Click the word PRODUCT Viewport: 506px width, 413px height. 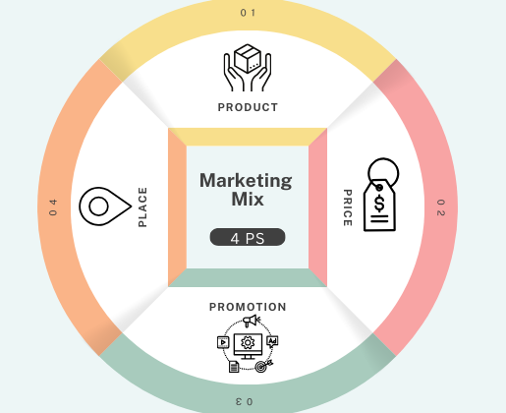click(x=248, y=107)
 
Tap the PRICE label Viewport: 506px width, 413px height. click(x=348, y=207)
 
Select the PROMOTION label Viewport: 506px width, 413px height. click(x=248, y=307)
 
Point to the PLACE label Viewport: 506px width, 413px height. click(x=142, y=207)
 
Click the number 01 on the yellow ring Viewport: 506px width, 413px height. click(x=248, y=13)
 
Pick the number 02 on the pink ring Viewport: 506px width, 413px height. click(x=441, y=207)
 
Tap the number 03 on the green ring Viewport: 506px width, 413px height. click(x=245, y=401)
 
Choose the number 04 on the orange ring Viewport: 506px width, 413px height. click(x=53, y=207)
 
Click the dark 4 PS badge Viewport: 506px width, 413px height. click(x=248, y=237)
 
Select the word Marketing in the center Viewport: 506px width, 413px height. click(x=246, y=181)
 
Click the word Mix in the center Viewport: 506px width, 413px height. click(x=248, y=200)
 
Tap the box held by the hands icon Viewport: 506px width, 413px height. click(x=248, y=59)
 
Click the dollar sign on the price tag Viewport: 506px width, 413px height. click(x=379, y=204)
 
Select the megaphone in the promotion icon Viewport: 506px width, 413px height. click(x=252, y=321)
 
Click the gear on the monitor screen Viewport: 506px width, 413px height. click(x=248, y=343)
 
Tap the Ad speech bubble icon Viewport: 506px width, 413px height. click(x=272, y=342)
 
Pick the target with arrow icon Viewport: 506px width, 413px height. click(x=263, y=366)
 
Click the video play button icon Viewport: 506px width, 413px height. click(x=223, y=342)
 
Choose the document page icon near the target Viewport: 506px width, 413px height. click(x=234, y=367)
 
